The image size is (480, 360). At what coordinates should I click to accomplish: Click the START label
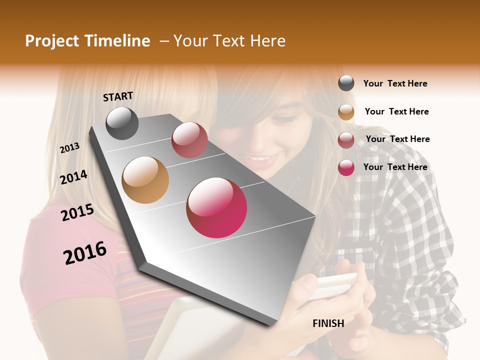click(x=118, y=96)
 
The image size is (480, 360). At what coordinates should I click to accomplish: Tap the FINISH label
click(x=328, y=323)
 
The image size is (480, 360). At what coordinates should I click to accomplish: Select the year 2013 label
click(x=70, y=147)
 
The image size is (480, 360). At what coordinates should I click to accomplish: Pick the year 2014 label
click(x=73, y=177)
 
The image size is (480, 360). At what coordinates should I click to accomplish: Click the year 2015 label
click(x=77, y=212)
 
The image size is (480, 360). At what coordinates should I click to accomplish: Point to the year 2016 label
click(x=85, y=252)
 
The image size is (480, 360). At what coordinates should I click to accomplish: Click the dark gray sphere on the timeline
click(x=122, y=123)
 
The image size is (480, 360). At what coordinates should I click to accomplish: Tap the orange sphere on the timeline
click(x=145, y=180)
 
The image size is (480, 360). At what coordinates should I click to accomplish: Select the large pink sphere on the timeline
click(x=216, y=207)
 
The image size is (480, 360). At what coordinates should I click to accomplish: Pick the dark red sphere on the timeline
click(x=189, y=140)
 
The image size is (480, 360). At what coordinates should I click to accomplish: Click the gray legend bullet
click(x=346, y=83)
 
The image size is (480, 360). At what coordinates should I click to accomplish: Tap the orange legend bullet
click(x=346, y=112)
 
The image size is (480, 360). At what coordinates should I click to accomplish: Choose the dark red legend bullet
click(x=346, y=140)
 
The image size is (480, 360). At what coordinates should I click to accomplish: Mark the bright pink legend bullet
click(x=346, y=167)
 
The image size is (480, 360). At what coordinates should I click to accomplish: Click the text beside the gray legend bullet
click(x=395, y=83)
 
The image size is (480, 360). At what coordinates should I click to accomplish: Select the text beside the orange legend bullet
click(x=396, y=111)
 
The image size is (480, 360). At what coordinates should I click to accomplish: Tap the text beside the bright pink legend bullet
click(x=395, y=167)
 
